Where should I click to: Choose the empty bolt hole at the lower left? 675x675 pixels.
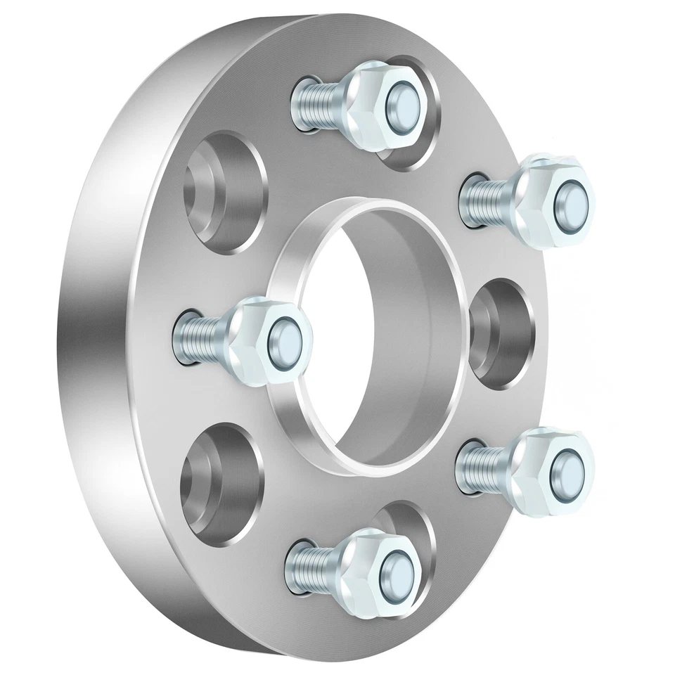pyautogui.click(x=221, y=478)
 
